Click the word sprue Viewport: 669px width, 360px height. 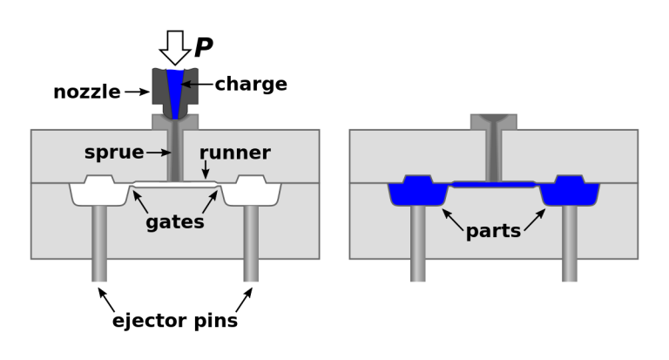coord(114,153)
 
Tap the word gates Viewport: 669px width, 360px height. coord(175,222)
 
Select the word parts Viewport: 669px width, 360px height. coord(493,232)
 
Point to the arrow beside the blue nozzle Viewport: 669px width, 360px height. coord(190,85)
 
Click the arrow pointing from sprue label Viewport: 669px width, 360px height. coord(159,153)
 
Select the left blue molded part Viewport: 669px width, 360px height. coord(418,192)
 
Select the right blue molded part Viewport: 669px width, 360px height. coord(570,192)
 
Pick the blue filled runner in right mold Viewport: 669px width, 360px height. coord(494,184)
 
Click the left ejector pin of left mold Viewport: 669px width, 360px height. coord(99,244)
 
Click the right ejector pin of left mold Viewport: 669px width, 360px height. coord(251,244)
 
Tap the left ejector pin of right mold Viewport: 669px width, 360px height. coord(418,244)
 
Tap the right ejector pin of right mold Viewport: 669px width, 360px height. coord(570,244)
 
